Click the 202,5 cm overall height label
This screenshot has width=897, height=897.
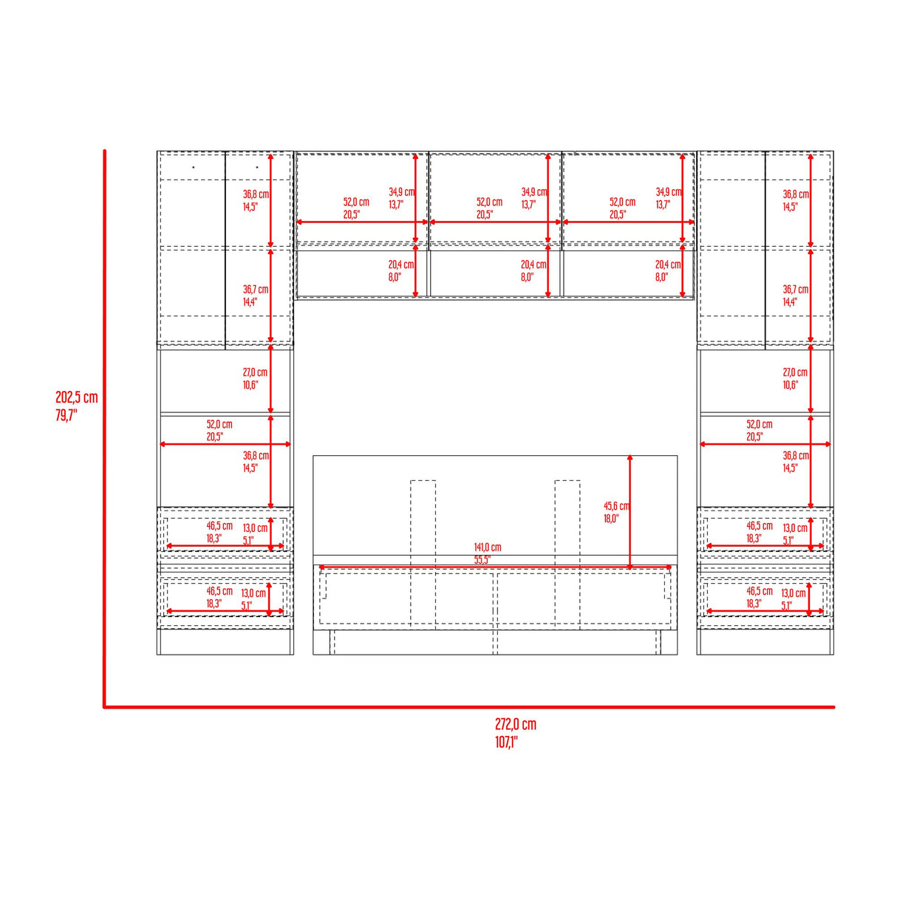click(76, 398)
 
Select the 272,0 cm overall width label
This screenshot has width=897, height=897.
click(516, 724)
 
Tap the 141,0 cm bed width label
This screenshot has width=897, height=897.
click(488, 548)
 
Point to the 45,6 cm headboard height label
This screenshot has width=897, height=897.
click(616, 506)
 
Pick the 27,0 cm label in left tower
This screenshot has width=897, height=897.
click(255, 372)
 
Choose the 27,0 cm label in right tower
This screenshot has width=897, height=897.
click(795, 372)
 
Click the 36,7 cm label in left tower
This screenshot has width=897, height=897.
click(256, 290)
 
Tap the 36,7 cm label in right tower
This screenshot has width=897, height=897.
click(796, 290)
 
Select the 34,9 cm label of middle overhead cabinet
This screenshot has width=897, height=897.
click(534, 192)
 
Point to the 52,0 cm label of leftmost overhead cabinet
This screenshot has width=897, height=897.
click(356, 202)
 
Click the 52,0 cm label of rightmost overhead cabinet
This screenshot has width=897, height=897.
click(622, 202)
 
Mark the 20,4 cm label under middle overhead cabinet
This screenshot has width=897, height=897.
click(533, 265)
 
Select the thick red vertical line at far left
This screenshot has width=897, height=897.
click(105, 429)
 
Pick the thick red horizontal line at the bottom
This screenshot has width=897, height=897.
click(469, 707)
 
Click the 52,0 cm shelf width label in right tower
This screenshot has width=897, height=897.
click(760, 424)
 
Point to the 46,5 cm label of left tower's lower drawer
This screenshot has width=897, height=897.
click(219, 591)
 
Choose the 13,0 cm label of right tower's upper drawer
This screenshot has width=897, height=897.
click(795, 528)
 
